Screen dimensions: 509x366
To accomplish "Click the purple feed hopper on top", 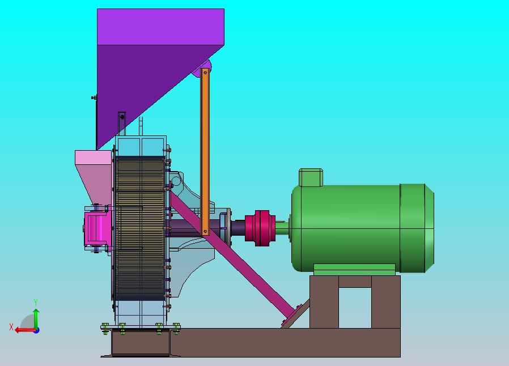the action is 156,58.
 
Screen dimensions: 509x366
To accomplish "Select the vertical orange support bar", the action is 205,152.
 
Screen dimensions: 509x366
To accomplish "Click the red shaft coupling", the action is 260,228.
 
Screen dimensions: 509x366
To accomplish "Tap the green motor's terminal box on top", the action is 311,177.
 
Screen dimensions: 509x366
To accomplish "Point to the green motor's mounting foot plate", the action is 354,270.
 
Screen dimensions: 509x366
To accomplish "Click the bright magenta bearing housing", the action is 96,228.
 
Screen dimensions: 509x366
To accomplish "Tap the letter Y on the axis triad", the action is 36,303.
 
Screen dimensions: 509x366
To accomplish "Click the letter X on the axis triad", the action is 11,327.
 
